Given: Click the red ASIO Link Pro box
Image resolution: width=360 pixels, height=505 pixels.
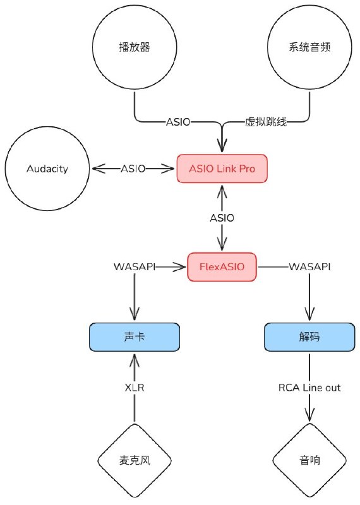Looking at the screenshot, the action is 222,169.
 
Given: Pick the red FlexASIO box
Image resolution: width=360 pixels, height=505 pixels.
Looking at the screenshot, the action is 222,266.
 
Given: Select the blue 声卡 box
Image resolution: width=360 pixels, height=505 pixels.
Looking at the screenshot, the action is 135,337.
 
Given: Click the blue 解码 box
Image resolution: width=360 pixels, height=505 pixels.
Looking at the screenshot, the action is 309,337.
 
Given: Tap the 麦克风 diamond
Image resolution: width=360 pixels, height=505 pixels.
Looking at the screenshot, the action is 135,460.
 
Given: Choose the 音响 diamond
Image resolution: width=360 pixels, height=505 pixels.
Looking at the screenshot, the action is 309,460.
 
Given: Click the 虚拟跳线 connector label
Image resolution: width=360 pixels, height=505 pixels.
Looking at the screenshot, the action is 266,122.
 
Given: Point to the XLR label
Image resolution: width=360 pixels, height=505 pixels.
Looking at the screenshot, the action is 135,388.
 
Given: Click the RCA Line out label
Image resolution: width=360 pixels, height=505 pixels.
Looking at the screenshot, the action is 309,388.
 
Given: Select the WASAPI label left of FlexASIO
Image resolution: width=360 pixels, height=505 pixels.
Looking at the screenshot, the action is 135,266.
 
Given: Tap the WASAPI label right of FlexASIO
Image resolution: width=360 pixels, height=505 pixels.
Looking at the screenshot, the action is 309,266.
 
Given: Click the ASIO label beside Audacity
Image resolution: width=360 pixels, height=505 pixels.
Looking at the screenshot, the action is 133,169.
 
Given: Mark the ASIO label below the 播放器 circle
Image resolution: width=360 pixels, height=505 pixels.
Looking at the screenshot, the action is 178,122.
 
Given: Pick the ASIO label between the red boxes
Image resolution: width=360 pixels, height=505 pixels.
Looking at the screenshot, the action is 222,218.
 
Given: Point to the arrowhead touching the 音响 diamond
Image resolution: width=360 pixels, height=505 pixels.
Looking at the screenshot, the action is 309,414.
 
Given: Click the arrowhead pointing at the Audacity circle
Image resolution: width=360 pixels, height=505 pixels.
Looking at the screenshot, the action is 99,169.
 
